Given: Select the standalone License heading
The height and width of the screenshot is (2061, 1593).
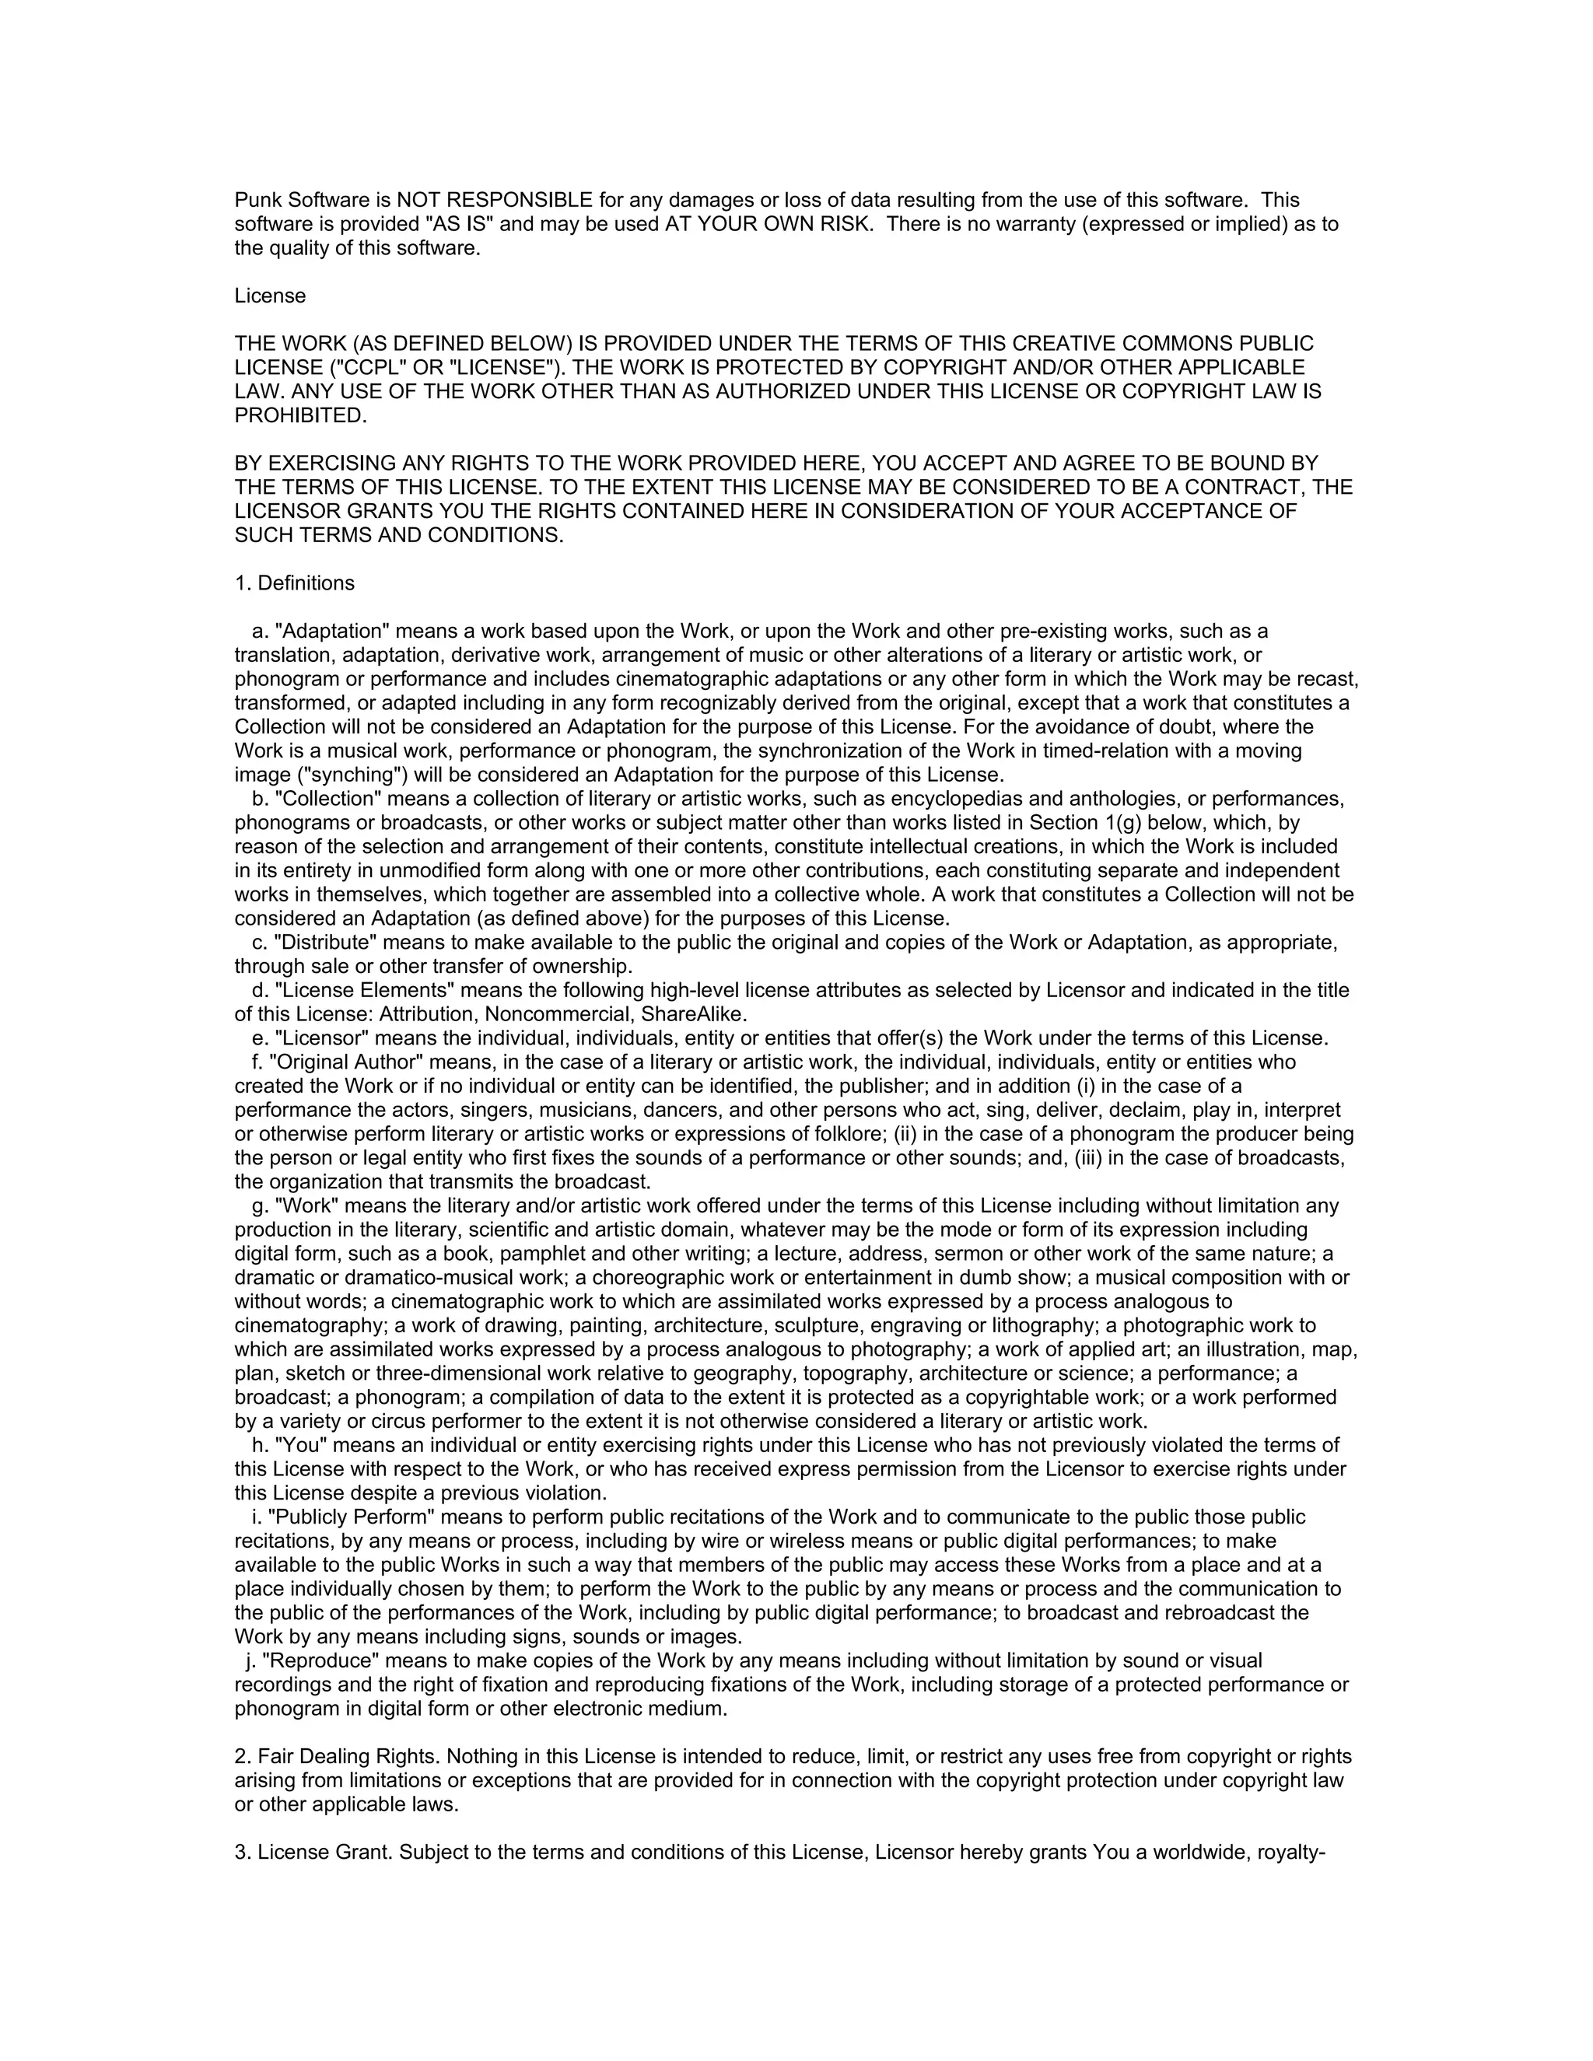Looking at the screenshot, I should pyautogui.click(x=270, y=296).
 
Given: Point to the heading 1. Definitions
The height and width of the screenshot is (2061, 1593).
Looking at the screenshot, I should pyautogui.click(x=295, y=583).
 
